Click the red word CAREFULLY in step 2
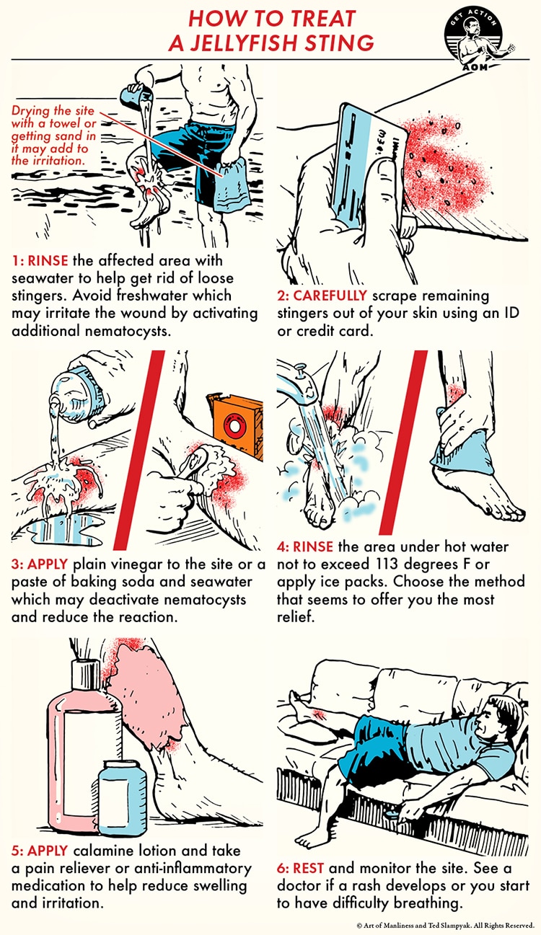click(x=322, y=296)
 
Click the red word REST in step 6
click(x=308, y=868)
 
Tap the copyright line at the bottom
click(x=445, y=926)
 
